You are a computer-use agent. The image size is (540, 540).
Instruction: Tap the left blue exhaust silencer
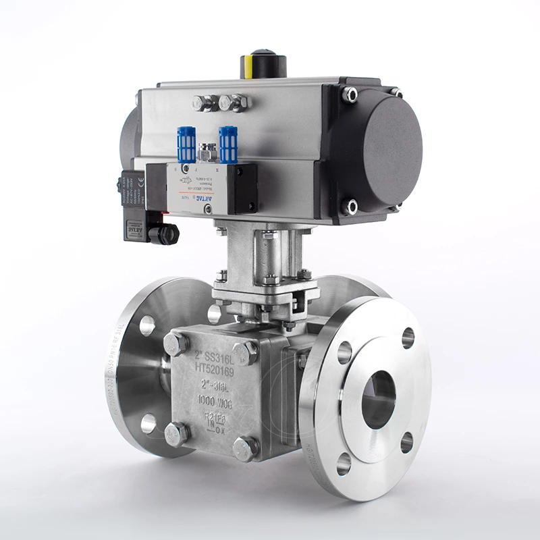(x=187, y=144)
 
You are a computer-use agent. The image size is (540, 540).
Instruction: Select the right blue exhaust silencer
(x=229, y=144)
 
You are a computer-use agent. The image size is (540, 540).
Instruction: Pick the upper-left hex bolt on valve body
(x=174, y=343)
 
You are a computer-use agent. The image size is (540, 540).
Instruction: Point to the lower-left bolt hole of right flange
(x=344, y=464)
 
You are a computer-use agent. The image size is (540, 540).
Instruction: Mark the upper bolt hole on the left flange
(x=147, y=325)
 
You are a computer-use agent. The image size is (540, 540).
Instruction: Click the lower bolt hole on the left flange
(x=148, y=423)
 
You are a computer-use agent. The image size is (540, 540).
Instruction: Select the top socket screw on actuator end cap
(x=350, y=94)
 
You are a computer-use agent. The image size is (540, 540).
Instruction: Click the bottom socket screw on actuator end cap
(x=350, y=205)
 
